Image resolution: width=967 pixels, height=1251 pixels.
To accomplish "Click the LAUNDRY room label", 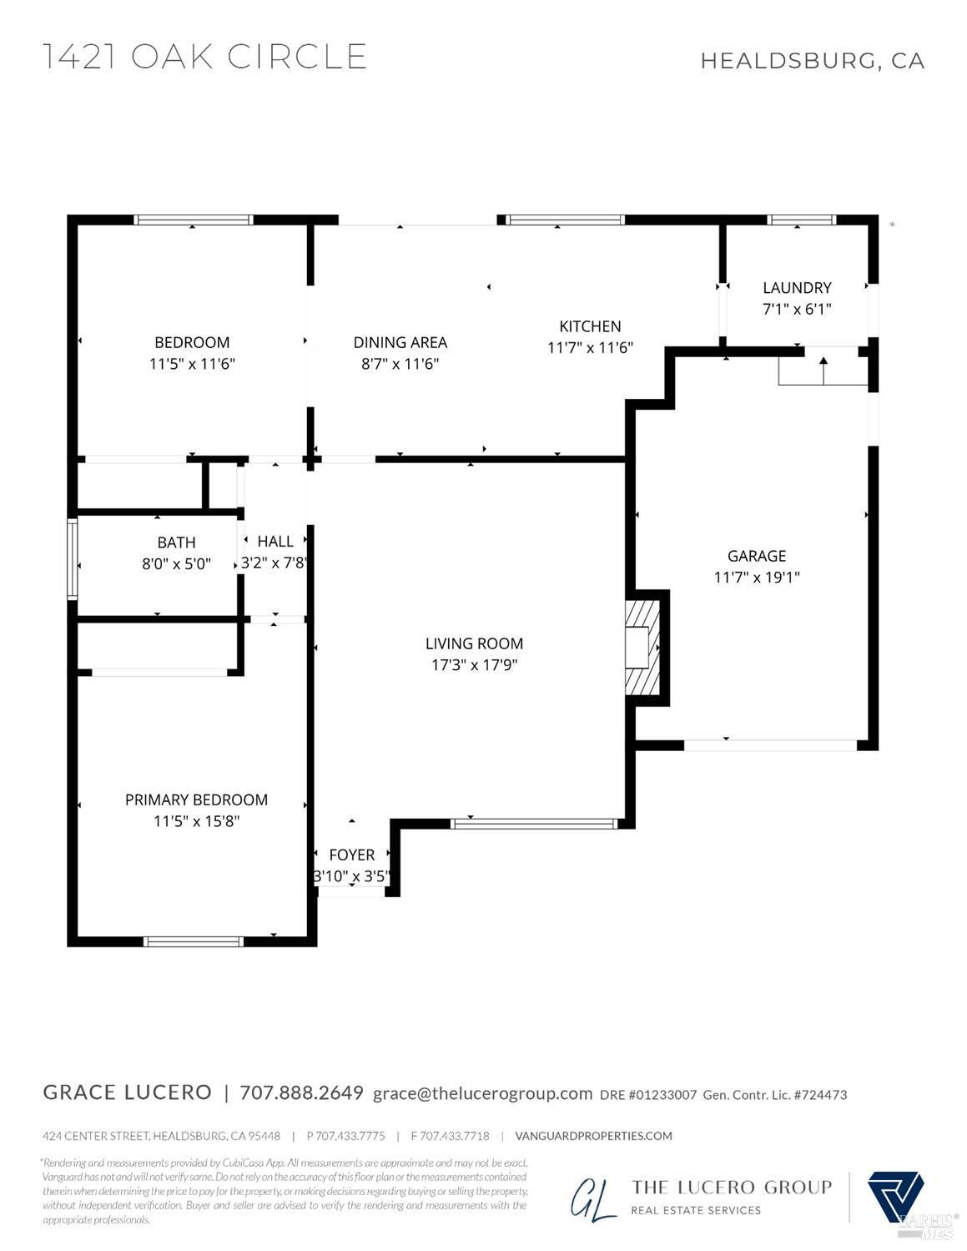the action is pos(797,287).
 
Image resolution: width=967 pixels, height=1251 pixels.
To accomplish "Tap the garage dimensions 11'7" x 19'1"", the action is pos(757,578).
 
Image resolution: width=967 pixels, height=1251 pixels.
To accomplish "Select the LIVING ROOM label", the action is pos(474,643).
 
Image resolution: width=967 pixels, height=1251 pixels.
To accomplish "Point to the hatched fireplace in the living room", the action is pos(643,648).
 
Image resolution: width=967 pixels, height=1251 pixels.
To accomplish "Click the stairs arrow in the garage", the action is pos(823,371).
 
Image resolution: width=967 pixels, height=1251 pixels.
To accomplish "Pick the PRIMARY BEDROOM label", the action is pos(196,800).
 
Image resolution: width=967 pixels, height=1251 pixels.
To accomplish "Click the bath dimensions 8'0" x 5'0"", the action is pos(177,563).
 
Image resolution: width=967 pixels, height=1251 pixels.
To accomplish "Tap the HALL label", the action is pos(275,541).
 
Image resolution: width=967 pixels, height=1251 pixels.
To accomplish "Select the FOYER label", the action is pos(352,855).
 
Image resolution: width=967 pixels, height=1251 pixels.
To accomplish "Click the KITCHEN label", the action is pos(590,326).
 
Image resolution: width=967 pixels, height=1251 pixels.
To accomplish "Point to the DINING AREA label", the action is pos(400,342).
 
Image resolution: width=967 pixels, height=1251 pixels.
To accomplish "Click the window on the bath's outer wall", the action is pos(73,559).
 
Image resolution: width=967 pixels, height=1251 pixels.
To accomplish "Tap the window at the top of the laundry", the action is pos(801,220).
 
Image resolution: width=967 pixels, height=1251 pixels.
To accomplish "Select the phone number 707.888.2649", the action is pos(301,1092).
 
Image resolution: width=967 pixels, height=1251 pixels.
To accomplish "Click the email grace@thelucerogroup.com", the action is pos(483,1093).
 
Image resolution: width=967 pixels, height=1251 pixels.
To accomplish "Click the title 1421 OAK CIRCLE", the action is pos(205,57).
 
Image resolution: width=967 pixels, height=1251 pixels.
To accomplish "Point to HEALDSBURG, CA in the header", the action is pos(812,61).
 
